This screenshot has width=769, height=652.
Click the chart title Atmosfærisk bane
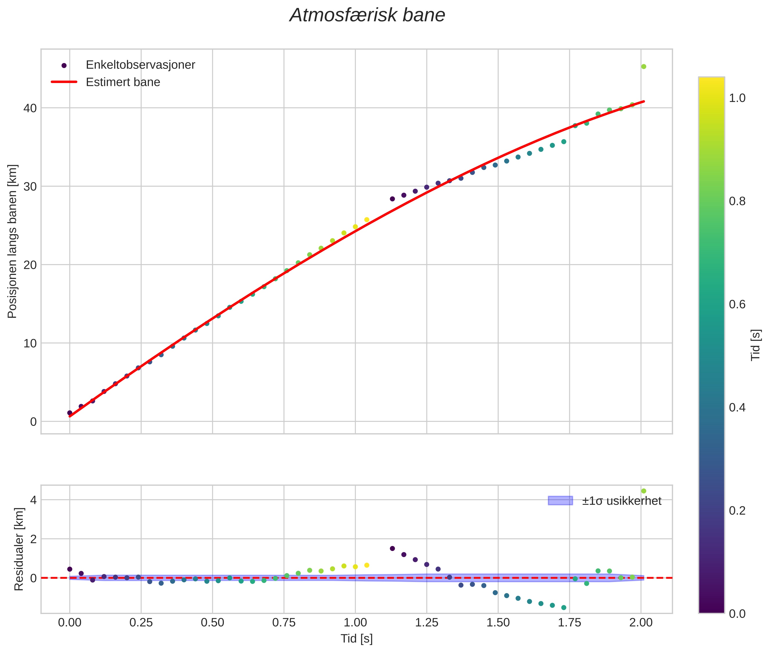click(367, 15)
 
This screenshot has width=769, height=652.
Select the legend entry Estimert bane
click(123, 82)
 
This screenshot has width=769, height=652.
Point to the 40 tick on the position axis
click(30, 108)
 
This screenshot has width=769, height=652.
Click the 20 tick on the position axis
click(30, 265)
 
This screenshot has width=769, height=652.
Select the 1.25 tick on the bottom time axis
click(426, 623)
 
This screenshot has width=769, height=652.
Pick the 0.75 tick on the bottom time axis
click(284, 623)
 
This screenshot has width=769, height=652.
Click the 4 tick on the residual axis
click(33, 500)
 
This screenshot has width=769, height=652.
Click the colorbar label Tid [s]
click(756, 345)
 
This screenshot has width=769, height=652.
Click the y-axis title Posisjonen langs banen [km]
click(12, 241)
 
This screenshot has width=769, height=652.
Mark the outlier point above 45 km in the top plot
click(643, 66)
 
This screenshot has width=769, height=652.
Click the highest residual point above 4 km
click(643, 491)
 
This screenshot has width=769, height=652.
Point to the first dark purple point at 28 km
click(392, 199)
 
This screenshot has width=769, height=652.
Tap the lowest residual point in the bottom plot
click(563, 608)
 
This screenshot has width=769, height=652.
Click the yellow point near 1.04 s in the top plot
click(367, 219)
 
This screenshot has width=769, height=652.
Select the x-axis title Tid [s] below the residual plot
click(356, 639)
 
